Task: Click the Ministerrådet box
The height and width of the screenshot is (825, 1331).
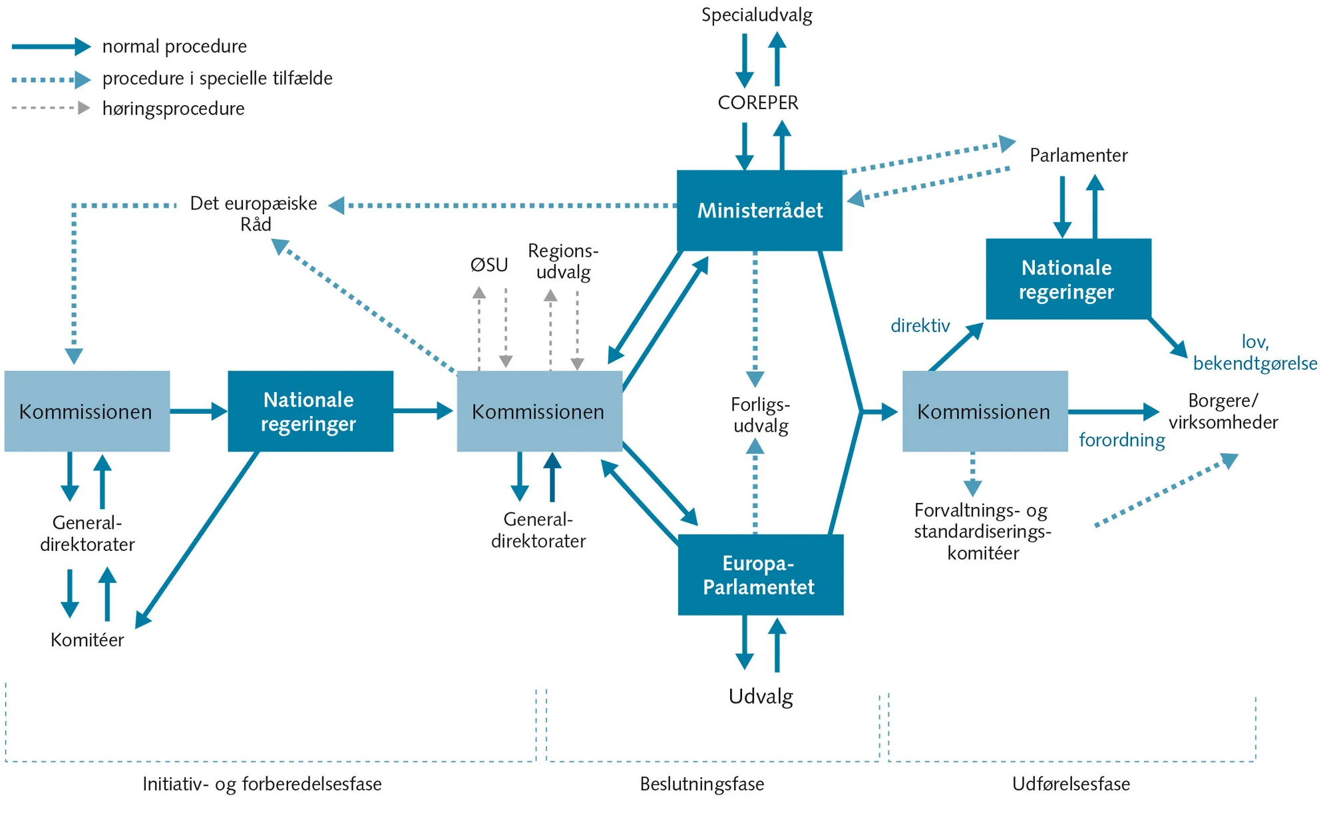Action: (759, 210)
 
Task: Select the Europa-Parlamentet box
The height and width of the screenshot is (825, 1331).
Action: (760, 575)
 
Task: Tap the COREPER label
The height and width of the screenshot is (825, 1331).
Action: (758, 102)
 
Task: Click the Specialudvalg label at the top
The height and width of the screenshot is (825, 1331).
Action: (757, 15)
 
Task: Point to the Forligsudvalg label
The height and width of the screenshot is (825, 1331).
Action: (760, 415)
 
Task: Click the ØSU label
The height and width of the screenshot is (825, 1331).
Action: (489, 265)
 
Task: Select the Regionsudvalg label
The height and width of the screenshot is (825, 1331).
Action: (563, 261)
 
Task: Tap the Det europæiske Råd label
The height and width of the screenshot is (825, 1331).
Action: (254, 214)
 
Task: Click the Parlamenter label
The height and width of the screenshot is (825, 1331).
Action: (1078, 156)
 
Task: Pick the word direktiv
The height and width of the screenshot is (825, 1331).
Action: (920, 325)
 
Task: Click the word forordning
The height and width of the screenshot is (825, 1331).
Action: (1121, 440)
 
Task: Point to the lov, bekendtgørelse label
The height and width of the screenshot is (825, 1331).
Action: (1255, 353)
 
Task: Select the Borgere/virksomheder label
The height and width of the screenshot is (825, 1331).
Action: (1223, 411)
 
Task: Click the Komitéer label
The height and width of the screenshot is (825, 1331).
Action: (87, 640)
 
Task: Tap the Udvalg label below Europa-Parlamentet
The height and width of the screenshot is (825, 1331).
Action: (761, 697)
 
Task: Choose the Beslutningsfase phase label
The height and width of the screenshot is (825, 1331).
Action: (702, 784)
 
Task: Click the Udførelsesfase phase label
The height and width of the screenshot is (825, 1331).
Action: (1071, 784)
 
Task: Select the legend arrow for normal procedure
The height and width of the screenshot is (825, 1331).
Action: (51, 47)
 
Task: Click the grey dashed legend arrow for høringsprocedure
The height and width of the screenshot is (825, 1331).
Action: (51, 108)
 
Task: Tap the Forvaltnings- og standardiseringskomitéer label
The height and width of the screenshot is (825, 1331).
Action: (982, 532)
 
